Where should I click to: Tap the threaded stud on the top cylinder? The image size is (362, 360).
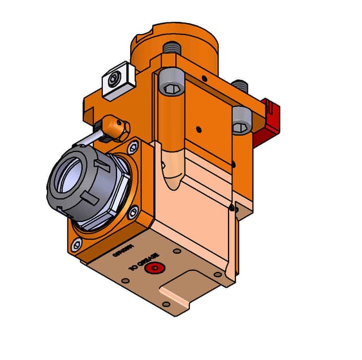[x=171, y=50]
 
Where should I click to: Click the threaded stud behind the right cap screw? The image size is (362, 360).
[x=241, y=86]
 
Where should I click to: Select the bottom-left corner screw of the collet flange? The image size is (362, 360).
[x=76, y=245]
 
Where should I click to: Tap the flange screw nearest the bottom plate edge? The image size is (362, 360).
[x=133, y=213]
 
